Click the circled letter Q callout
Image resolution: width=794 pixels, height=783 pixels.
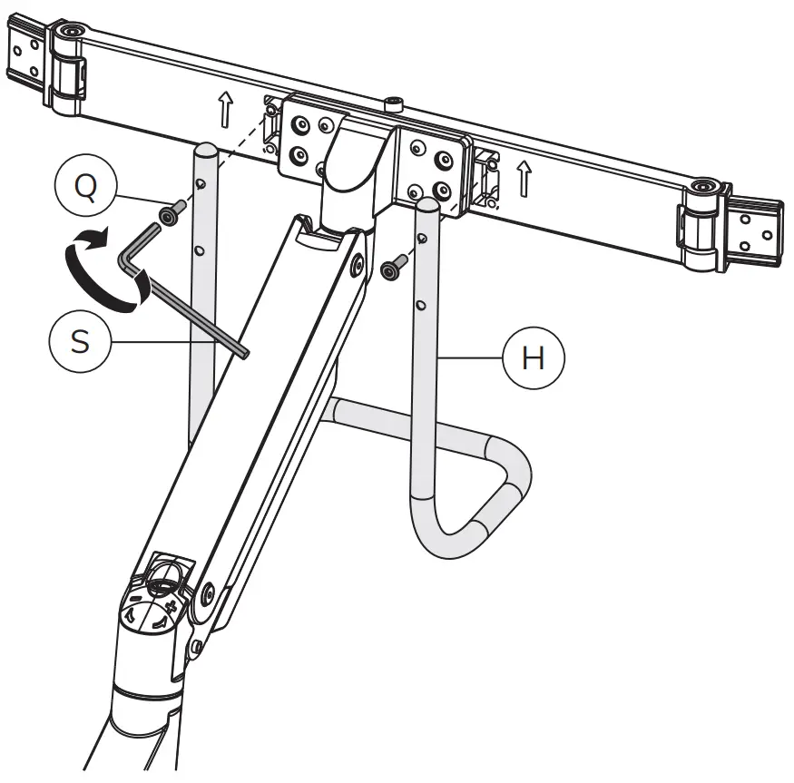[85, 189]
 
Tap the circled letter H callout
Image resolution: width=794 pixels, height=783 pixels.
[534, 357]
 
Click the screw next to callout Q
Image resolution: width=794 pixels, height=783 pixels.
[171, 214]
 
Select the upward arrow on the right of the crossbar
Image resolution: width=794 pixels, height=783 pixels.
[524, 178]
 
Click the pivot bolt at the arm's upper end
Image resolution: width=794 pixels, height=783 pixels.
[357, 264]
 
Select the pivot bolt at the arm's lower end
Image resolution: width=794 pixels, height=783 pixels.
[210, 594]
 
